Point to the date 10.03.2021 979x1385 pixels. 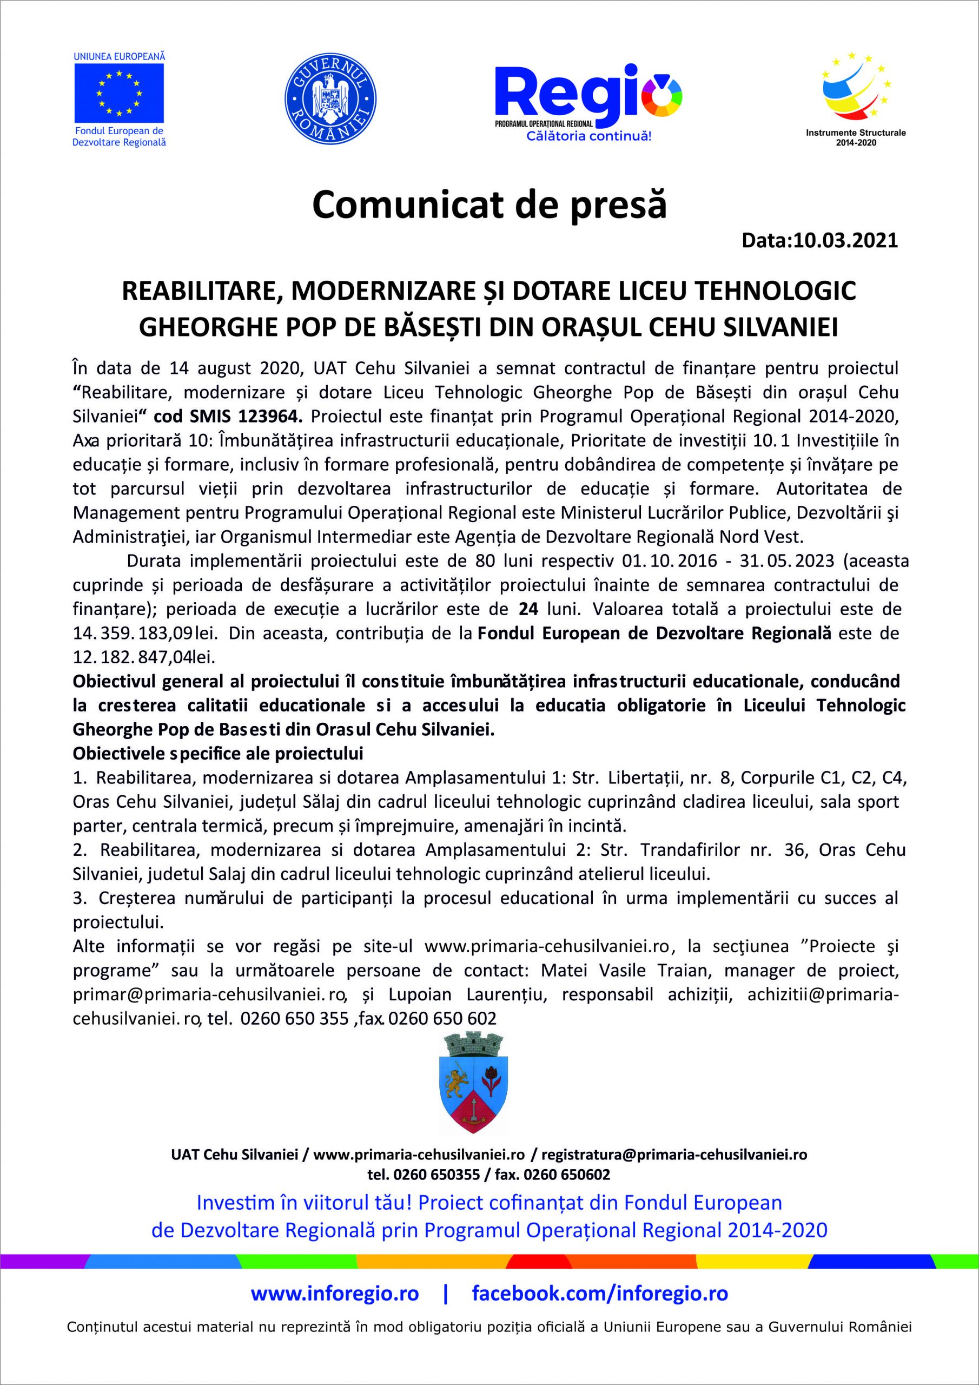point(845,241)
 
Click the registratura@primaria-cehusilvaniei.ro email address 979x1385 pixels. point(674,1155)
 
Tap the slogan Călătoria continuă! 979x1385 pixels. point(588,136)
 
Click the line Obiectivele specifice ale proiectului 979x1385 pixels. point(218,754)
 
